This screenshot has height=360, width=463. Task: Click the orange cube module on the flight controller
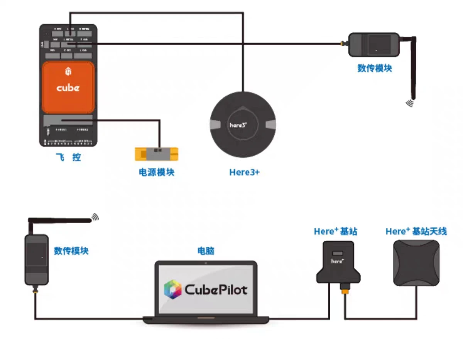(x=68, y=87)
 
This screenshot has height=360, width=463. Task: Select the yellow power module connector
(x=157, y=154)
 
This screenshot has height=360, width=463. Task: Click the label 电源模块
(x=157, y=172)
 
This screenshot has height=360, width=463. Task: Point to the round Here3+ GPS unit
(x=243, y=124)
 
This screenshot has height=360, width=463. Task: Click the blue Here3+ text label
(x=244, y=172)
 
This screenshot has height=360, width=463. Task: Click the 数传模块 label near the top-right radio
(x=375, y=68)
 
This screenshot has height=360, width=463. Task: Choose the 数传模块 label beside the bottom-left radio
(x=71, y=251)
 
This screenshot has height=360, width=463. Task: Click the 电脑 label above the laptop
(x=206, y=251)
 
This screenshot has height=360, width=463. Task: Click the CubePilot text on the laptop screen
(x=216, y=289)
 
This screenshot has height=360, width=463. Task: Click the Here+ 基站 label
(x=335, y=231)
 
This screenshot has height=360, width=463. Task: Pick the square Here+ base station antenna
(x=416, y=262)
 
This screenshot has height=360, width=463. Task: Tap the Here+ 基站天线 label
(x=416, y=231)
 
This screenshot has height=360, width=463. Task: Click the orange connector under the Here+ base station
(x=344, y=288)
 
